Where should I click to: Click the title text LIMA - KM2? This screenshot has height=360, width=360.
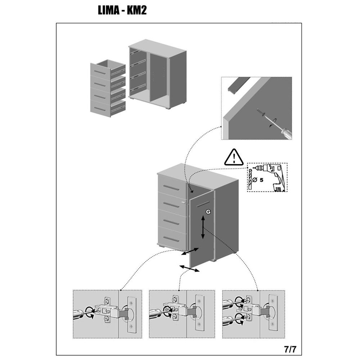pos(122,10)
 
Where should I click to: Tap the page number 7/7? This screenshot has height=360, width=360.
pos(290,349)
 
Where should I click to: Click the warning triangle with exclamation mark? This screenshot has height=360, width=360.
pos(234,157)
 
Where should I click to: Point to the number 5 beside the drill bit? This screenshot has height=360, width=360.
pos(261,180)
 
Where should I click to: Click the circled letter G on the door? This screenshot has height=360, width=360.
pos(208,212)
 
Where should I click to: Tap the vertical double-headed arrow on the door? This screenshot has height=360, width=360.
pos(203,227)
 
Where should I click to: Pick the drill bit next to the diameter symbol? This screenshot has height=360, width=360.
pos(250,180)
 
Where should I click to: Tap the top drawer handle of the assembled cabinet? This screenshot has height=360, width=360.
pos(172,188)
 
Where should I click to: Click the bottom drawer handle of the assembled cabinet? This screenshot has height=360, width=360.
pos(172,239)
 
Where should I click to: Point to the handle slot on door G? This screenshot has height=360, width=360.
pos(203,204)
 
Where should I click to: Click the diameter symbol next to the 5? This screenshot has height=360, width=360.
pos(255,180)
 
